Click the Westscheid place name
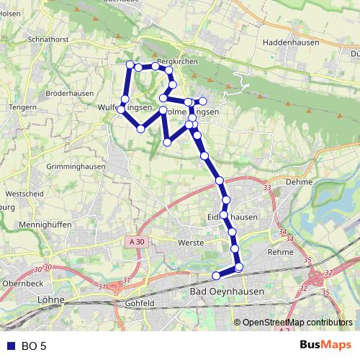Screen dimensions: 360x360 click(24, 194)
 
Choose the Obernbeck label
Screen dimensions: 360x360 click(24, 284)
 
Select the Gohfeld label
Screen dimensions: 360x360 click(139, 304)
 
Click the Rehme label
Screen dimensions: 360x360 click(279, 253)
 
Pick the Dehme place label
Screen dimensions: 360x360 click(299, 183)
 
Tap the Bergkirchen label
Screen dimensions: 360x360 click(176, 63)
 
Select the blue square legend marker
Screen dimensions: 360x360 click(9, 346)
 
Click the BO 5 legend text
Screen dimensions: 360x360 click(34, 346)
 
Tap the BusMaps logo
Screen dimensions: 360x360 click(325, 346)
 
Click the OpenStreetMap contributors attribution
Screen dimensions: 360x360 click(297, 323)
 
